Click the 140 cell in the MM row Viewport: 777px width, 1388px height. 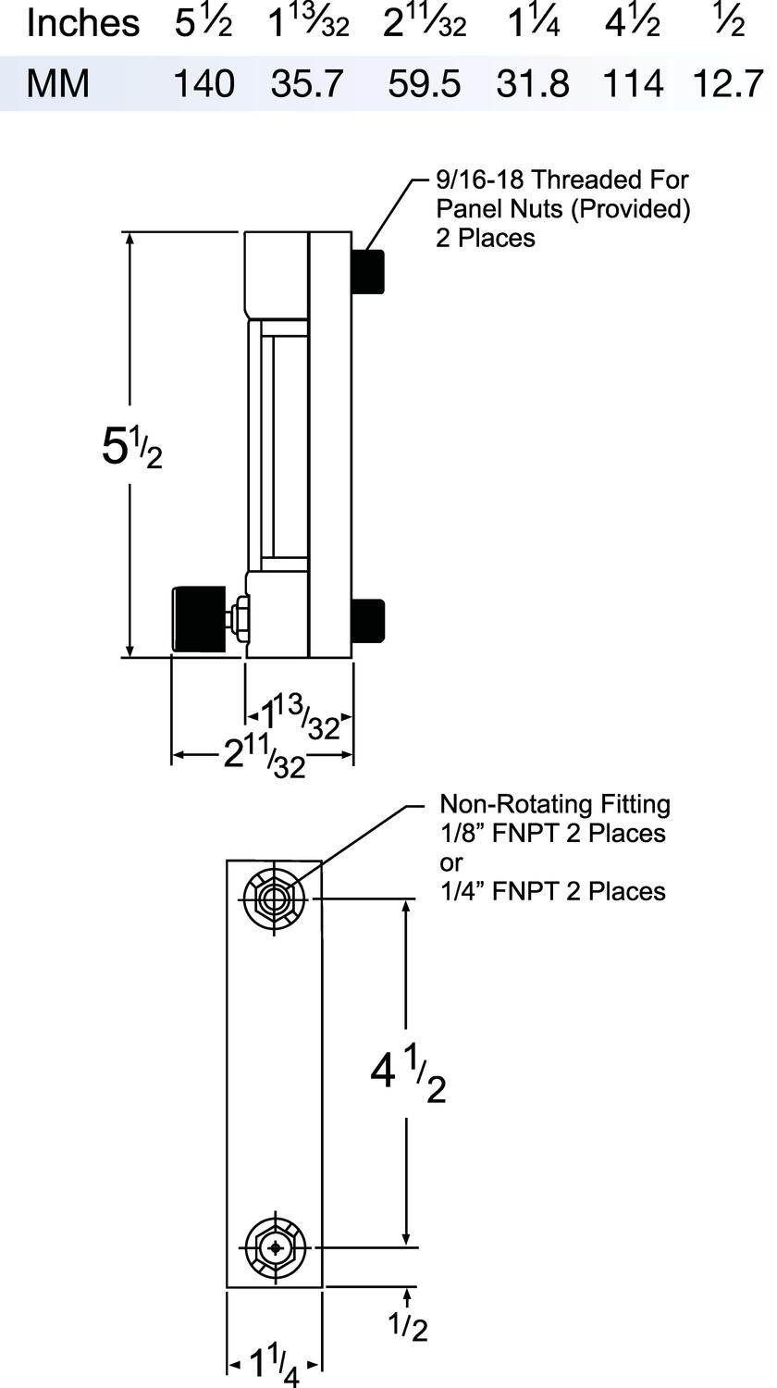204,84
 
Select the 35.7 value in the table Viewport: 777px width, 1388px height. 307,84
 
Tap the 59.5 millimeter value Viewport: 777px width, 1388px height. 423,84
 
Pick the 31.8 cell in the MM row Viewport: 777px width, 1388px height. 531,84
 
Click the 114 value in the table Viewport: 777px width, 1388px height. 633,84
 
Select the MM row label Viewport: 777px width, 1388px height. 57,84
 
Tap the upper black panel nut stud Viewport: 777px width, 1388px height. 369,271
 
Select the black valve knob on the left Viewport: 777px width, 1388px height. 199,618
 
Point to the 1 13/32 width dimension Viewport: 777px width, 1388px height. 299,718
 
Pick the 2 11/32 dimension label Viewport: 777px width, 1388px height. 264,757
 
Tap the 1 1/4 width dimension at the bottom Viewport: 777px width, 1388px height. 274,1364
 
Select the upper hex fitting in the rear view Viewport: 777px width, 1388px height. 274,897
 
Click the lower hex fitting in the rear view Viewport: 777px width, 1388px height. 274,1247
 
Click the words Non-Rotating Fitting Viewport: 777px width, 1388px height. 554,803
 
